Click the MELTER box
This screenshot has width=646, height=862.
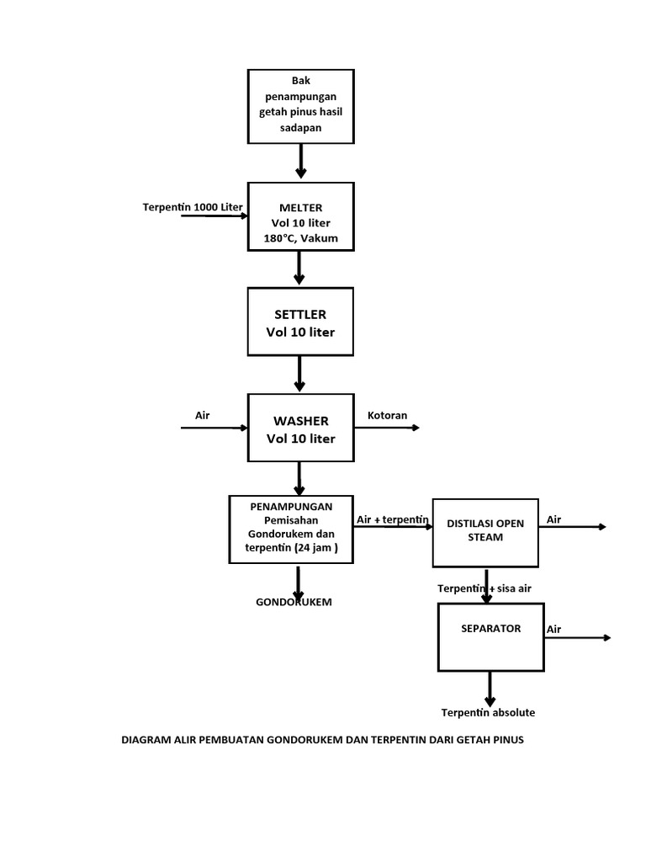300,216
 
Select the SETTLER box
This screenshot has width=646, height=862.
300,322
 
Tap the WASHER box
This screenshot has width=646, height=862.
300,428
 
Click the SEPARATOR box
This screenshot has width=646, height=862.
490,638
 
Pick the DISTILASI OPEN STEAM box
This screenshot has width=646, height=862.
485,531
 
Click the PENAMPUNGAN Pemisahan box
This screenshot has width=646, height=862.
291,529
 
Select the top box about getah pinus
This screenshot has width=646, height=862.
300,105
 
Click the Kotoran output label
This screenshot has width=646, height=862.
387,415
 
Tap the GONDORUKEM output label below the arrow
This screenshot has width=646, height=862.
294,602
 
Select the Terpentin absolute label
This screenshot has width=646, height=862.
488,712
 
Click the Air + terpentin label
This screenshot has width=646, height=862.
393,519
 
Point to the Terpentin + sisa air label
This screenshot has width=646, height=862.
484,588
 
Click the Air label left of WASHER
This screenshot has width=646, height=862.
202,415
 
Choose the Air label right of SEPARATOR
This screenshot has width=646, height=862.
553,629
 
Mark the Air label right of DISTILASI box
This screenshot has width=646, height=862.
553,519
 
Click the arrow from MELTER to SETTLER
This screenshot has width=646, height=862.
300,269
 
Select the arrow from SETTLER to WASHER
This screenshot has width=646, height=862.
300,374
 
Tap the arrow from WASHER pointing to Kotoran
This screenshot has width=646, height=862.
387,428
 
